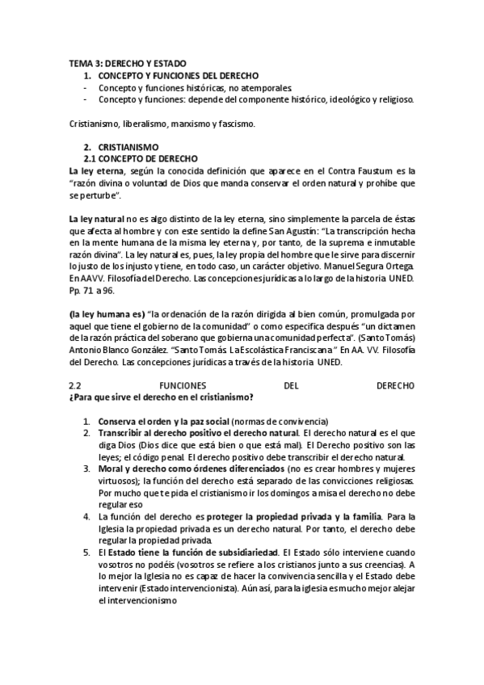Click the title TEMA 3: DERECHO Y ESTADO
[x=127, y=63]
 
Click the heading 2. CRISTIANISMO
[x=116, y=148]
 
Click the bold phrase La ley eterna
[x=95, y=171]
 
